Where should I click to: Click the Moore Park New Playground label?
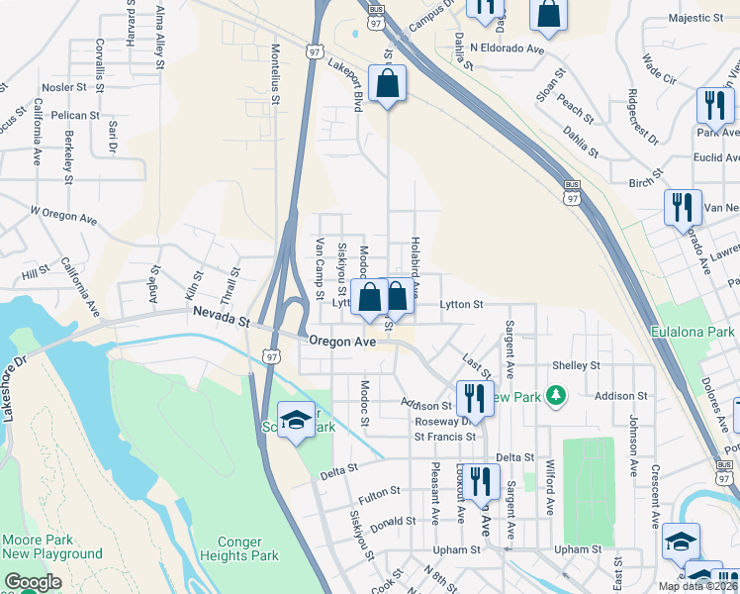coord(52,547)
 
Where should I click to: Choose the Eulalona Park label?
coord(694,333)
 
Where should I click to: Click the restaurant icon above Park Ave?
coord(713,106)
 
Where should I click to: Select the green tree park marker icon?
coord(556,396)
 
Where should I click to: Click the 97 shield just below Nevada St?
coord(271,355)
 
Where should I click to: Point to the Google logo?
coord(33,582)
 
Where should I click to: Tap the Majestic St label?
coord(696,18)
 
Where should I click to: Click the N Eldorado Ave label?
coord(508,48)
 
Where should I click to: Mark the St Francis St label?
coord(445,436)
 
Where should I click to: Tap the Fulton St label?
coord(380,490)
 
